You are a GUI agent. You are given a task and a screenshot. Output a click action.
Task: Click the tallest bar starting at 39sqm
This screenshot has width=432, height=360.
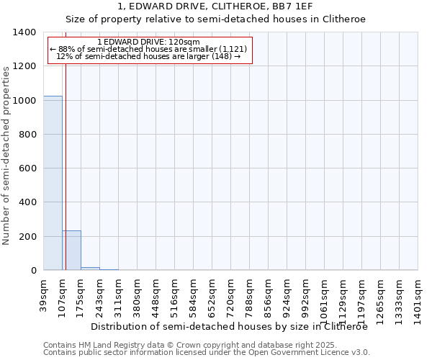coord(53,183)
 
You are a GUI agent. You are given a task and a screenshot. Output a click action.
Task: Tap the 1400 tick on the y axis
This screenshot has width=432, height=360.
coord(27,32)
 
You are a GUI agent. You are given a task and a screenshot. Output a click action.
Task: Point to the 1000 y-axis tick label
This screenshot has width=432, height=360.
coord(27,101)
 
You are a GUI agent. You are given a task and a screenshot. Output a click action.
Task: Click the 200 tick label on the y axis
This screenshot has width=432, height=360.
coord(30,237)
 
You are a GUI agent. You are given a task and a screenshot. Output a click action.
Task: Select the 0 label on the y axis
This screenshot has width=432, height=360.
coord(35,271)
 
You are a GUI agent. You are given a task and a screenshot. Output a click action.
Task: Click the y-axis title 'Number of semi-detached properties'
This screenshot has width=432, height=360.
coord(7,155)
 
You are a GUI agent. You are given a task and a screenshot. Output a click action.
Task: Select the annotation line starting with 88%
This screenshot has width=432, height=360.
coord(148,49)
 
